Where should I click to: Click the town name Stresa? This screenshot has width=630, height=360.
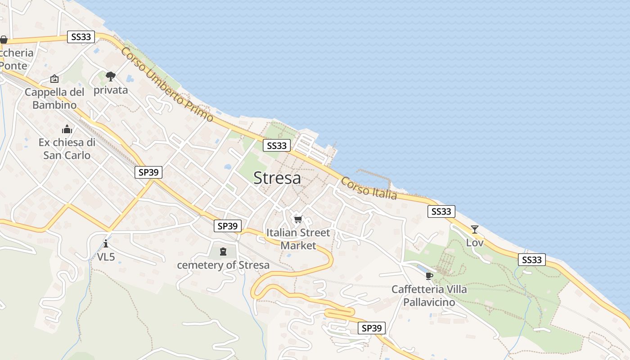(277, 178)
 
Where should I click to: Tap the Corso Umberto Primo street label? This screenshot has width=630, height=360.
(167, 84)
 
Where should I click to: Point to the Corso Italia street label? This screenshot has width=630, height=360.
(369, 188)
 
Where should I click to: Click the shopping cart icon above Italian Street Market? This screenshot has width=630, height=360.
(298, 220)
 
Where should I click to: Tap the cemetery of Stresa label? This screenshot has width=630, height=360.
(223, 265)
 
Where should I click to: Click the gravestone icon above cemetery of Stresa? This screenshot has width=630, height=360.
(223, 251)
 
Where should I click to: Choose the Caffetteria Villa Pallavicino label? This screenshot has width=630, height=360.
(429, 295)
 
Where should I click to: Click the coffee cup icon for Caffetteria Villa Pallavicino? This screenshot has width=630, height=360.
(429, 275)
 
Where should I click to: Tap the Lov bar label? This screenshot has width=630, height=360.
(475, 243)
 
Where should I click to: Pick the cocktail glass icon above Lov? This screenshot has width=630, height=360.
(475, 229)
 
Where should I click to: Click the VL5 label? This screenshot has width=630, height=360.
(106, 257)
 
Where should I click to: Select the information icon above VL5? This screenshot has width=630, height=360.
(106, 244)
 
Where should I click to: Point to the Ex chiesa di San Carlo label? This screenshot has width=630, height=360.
(67, 149)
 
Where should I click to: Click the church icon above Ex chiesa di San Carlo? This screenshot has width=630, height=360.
(67, 130)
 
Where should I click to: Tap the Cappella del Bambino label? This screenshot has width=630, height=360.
(54, 99)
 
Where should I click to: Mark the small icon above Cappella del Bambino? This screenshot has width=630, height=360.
(54, 79)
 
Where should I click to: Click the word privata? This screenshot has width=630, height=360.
(111, 90)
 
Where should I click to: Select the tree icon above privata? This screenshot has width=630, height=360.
(111, 76)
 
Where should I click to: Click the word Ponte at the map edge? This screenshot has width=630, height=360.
(13, 66)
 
